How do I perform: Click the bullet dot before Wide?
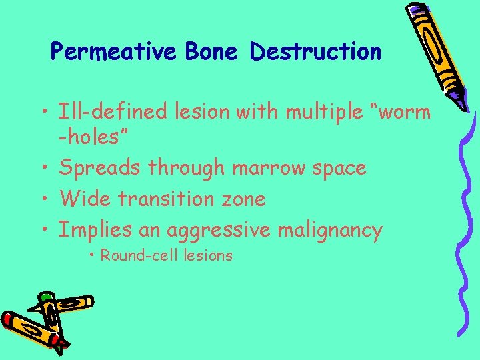pos(46,199)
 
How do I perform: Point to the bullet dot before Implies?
pos(46,229)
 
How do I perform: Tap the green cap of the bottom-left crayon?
pos(45,297)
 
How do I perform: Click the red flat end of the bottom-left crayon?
pos(8,319)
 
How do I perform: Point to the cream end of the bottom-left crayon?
pos(87,303)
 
